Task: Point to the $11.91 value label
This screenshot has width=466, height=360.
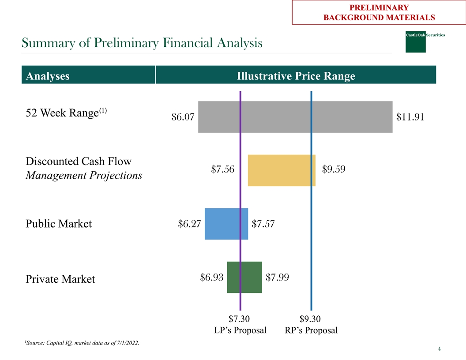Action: pos(410,117)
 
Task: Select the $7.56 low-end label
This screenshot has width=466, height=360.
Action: pos(223,169)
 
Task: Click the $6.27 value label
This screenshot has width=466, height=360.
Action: pos(189,224)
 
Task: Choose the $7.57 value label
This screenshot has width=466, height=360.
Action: pos(263,224)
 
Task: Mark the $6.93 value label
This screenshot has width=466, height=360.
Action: pos(211,277)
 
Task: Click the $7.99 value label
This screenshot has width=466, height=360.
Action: pos(278,277)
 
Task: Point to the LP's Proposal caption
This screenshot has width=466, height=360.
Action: pos(240,330)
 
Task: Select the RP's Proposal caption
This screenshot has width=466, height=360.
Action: pos(312,330)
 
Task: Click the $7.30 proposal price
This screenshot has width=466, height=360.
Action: pos(239,319)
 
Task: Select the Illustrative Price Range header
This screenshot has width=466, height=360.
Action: pos(296,76)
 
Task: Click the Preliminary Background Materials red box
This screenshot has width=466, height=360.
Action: pos(379,13)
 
